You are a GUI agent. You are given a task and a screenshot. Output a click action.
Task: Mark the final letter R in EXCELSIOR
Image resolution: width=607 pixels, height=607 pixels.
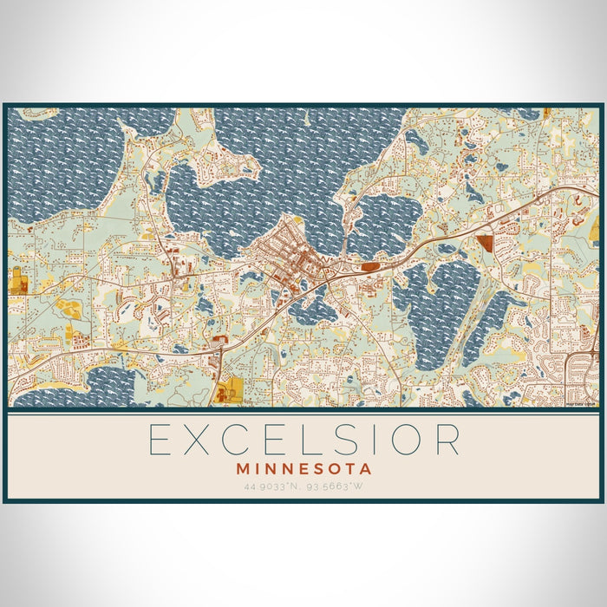coord(447,440)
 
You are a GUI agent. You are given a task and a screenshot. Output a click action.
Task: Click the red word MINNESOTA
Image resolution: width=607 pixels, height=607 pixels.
coord(303,468)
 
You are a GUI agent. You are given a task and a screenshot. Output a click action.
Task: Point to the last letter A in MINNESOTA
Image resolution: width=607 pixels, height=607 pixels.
coord(367,468)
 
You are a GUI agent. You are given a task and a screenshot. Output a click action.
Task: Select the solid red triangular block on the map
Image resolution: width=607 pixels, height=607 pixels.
coord(483,243)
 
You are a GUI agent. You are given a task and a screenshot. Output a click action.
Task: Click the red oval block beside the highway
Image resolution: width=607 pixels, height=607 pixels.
coord(370,267)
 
